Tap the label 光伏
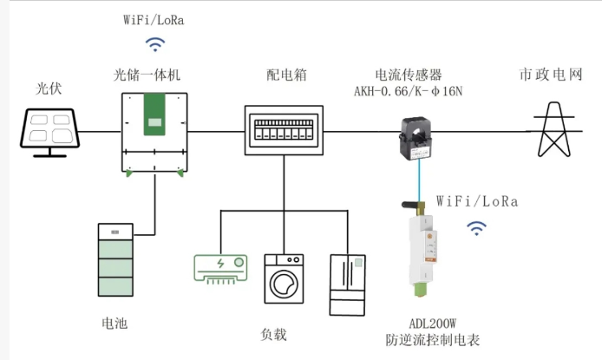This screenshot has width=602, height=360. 49,88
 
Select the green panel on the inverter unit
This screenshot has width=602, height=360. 154,115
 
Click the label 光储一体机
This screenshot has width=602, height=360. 147,75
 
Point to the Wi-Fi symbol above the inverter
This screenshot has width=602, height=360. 155,44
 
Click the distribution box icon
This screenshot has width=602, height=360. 284,130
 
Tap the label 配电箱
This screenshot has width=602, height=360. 287,75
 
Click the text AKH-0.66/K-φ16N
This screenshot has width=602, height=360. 408,91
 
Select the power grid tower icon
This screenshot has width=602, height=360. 554,129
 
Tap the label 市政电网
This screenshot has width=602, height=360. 551,74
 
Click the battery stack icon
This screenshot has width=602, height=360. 115,260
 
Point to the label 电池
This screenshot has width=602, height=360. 115,324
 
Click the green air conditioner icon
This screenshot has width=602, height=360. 220,269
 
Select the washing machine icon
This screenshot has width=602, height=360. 284,278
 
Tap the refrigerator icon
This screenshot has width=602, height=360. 348,285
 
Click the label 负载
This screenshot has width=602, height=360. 273,334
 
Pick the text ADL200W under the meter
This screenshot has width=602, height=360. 433,324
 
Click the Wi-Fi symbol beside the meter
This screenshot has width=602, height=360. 476,228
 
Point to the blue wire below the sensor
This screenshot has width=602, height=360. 419,181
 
